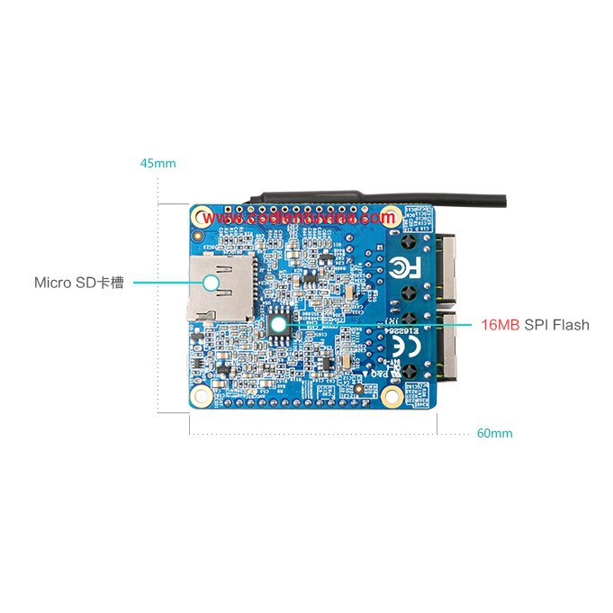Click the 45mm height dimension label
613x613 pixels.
coord(158,164)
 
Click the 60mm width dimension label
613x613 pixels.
coord(494,433)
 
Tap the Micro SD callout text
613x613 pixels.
coord(78,283)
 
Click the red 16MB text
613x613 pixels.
coord(500,325)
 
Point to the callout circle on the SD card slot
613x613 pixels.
coord(212,283)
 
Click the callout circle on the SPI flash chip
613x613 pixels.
coord(279,322)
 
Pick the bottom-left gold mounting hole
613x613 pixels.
coord(202,395)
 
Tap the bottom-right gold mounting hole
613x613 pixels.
coord(392,395)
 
